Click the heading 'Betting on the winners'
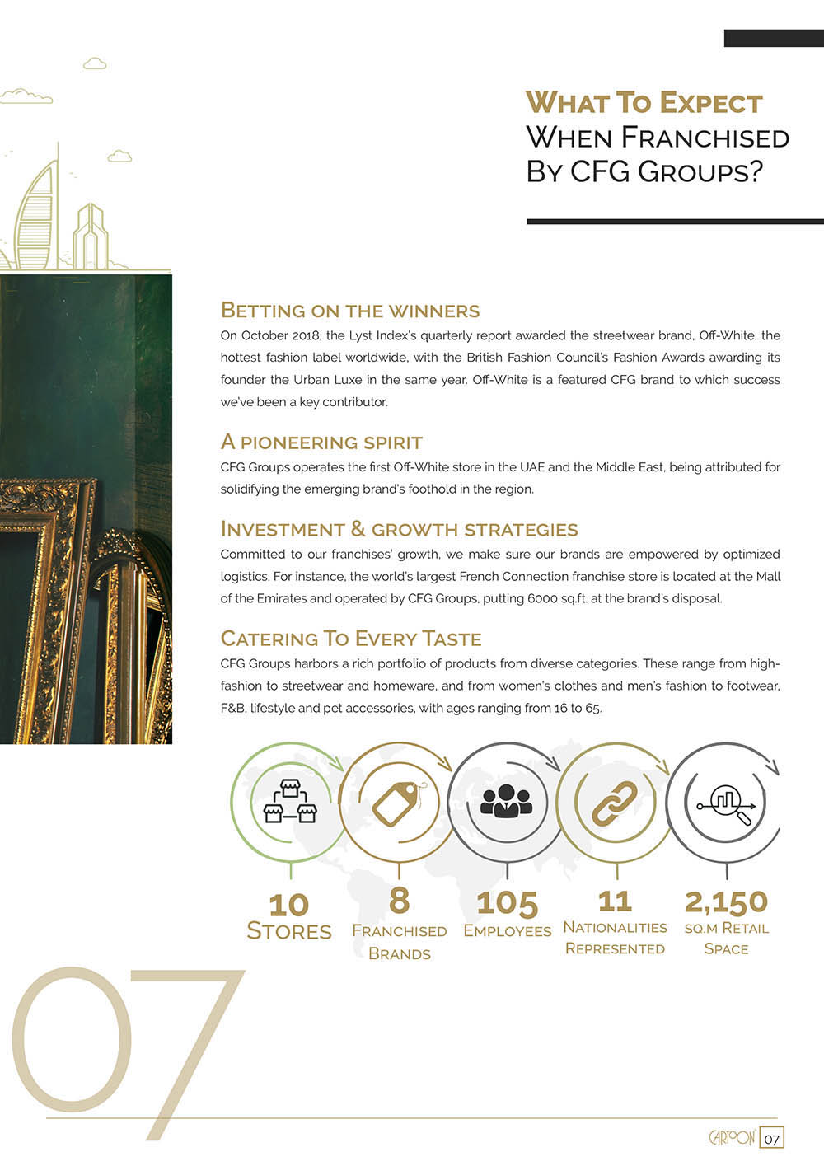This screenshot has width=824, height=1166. pyautogui.click(x=350, y=311)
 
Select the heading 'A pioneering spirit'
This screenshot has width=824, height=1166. pyautogui.click(x=321, y=443)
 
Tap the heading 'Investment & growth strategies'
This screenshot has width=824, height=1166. pyautogui.click(x=400, y=529)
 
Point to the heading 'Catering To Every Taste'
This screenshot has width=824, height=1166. pyautogui.click(x=351, y=639)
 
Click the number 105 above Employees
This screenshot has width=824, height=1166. pyautogui.click(x=507, y=903)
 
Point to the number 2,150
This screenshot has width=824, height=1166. pyautogui.click(x=726, y=901)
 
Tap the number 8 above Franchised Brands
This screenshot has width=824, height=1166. pyautogui.click(x=399, y=900)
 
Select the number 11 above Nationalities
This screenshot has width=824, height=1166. pyautogui.click(x=615, y=901)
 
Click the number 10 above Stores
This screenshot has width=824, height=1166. pyautogui.click(x=288, y=905)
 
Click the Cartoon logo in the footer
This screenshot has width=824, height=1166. pyautogui.click(x=733, y=1138)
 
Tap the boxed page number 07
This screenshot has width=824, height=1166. pyautogui.click(x=772, y=1139)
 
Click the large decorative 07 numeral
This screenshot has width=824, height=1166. pyautogui.click(x=124, y=1047)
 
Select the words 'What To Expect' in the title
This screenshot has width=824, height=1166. pyautogui.click(x=644, y=103)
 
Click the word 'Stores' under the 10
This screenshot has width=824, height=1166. pyautogui.click(x=289, y=931)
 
